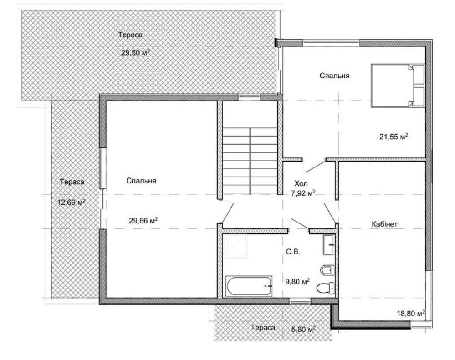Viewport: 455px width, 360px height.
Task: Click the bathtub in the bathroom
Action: tap(249, 286)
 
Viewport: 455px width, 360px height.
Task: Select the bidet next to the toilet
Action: tap(328, 270)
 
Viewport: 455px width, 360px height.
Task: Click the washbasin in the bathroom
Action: tap(329, 245)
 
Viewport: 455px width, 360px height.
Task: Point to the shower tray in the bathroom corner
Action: tap(235, 246)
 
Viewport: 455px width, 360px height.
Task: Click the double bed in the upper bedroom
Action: tap(398, 86)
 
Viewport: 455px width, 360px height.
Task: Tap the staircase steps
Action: tap(250, 161)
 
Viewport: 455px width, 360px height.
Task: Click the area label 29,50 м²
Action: tap(135, 52)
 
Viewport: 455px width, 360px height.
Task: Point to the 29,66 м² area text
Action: tap(143, 221)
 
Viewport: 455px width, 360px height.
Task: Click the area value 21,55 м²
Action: tap(394, 136)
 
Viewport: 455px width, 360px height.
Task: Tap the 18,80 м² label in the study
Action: tap(411, 313)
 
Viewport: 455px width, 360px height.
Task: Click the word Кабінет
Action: tap(384, 224)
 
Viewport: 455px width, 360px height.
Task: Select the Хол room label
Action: tap(301, 183)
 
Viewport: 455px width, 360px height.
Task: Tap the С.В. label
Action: tap(293, 252)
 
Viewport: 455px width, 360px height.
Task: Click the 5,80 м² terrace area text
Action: tap(303, 329)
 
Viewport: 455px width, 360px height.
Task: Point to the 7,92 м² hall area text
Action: tap(303, 193)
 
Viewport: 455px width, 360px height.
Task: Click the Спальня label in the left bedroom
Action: tap(141, 181)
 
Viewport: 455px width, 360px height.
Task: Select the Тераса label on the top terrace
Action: tap(130, 35)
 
